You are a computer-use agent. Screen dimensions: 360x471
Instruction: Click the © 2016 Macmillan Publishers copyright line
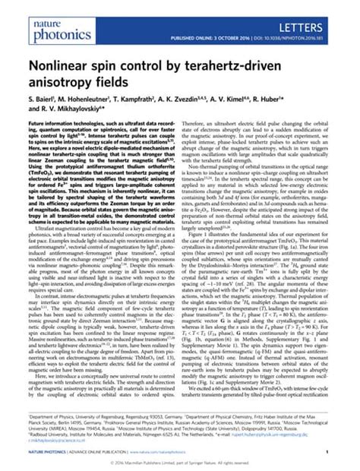coord(180,463)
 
